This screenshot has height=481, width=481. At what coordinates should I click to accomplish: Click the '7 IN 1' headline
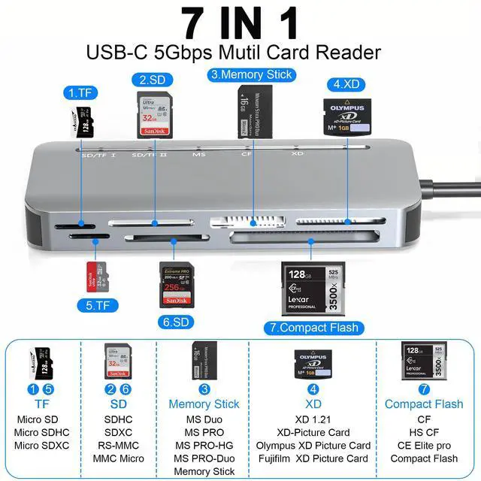pos(240,23)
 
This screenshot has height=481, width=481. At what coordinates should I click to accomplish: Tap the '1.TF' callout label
pos(81,94)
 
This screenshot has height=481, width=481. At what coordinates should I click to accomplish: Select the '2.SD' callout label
pos(152,79)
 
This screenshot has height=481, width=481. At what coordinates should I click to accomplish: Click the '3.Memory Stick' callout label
pos(250,74)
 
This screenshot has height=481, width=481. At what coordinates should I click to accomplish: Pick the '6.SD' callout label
pos(177,322)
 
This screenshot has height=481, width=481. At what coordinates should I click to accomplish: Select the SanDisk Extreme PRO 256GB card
pos(177,284)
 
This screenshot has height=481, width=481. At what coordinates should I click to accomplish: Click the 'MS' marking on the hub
pos(199,153)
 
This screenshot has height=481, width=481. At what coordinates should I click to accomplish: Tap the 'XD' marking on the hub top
pos(297,153)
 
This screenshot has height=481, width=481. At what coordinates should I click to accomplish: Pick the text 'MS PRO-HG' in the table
pos(203,445)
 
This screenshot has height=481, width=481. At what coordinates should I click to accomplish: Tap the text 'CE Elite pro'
pos(424,445)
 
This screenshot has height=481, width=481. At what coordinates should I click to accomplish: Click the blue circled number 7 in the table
pos(424,389)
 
